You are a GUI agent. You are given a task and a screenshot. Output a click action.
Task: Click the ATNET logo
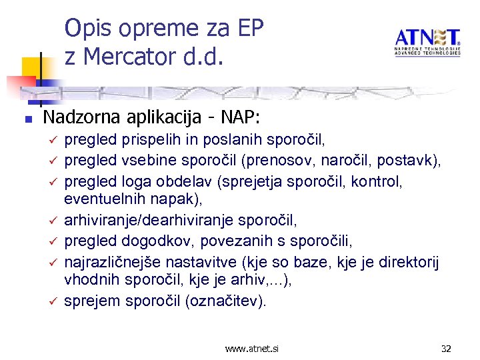click(427, 42)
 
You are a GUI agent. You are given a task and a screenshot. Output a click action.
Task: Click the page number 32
click(446, 349)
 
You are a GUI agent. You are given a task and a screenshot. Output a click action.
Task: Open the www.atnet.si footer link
click(252, 349)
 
